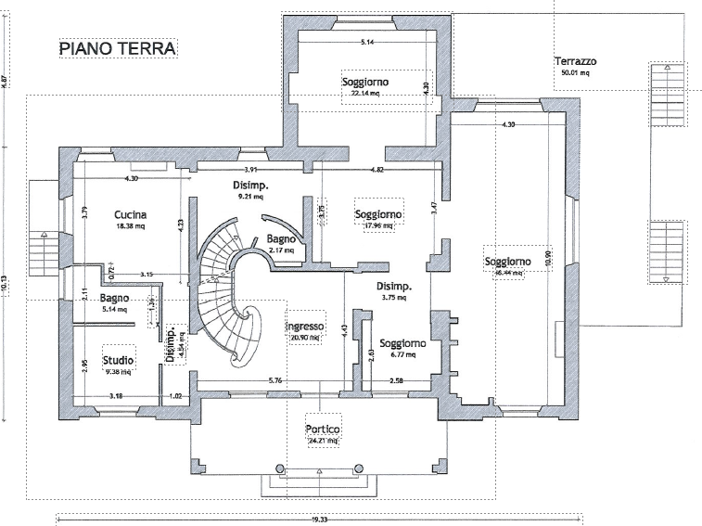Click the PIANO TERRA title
coord(118,47)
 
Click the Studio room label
coord(118,360)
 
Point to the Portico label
coord(324,430)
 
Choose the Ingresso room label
coord(305,327)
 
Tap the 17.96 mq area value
coord(378,225)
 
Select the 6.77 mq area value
coord(402,354)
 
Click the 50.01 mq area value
coord(575,71)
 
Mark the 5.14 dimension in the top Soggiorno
coord(367,43)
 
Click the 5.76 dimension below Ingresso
coord(275,381)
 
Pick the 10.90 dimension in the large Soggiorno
coord(548,257)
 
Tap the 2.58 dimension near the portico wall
coord(396,381)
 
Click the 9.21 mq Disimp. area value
coord(250,197)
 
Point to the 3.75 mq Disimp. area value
coord(395,298)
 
